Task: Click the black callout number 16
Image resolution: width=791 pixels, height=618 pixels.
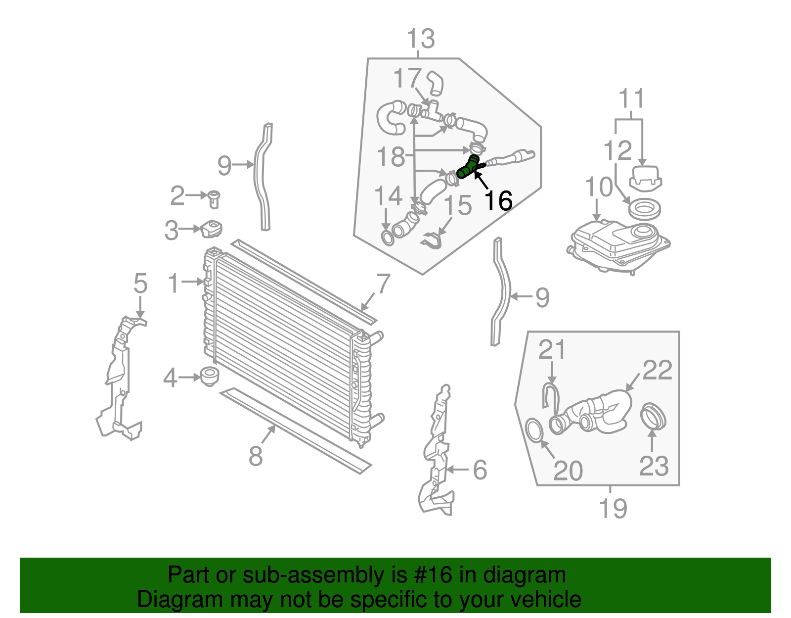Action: (498, 201)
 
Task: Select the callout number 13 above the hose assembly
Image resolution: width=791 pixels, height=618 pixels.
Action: (421, 39)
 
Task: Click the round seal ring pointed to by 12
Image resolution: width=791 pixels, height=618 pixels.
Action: (644, 209)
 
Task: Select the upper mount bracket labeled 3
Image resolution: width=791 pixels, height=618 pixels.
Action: (212, 229)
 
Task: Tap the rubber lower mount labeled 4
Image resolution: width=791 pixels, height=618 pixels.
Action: (210, 377)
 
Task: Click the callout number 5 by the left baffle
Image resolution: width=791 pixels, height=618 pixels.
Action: (140, 284)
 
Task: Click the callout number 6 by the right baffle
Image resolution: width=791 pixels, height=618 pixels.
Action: (480, 470)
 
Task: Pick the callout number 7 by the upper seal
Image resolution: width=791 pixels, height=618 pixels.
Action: (383, 285)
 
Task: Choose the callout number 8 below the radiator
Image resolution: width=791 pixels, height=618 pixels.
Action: (256, 456)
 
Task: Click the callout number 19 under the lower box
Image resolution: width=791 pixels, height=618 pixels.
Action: (613, 508)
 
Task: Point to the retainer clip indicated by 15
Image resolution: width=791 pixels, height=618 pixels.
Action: (433, 241)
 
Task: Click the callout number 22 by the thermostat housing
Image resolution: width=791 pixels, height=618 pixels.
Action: (657, 370)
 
